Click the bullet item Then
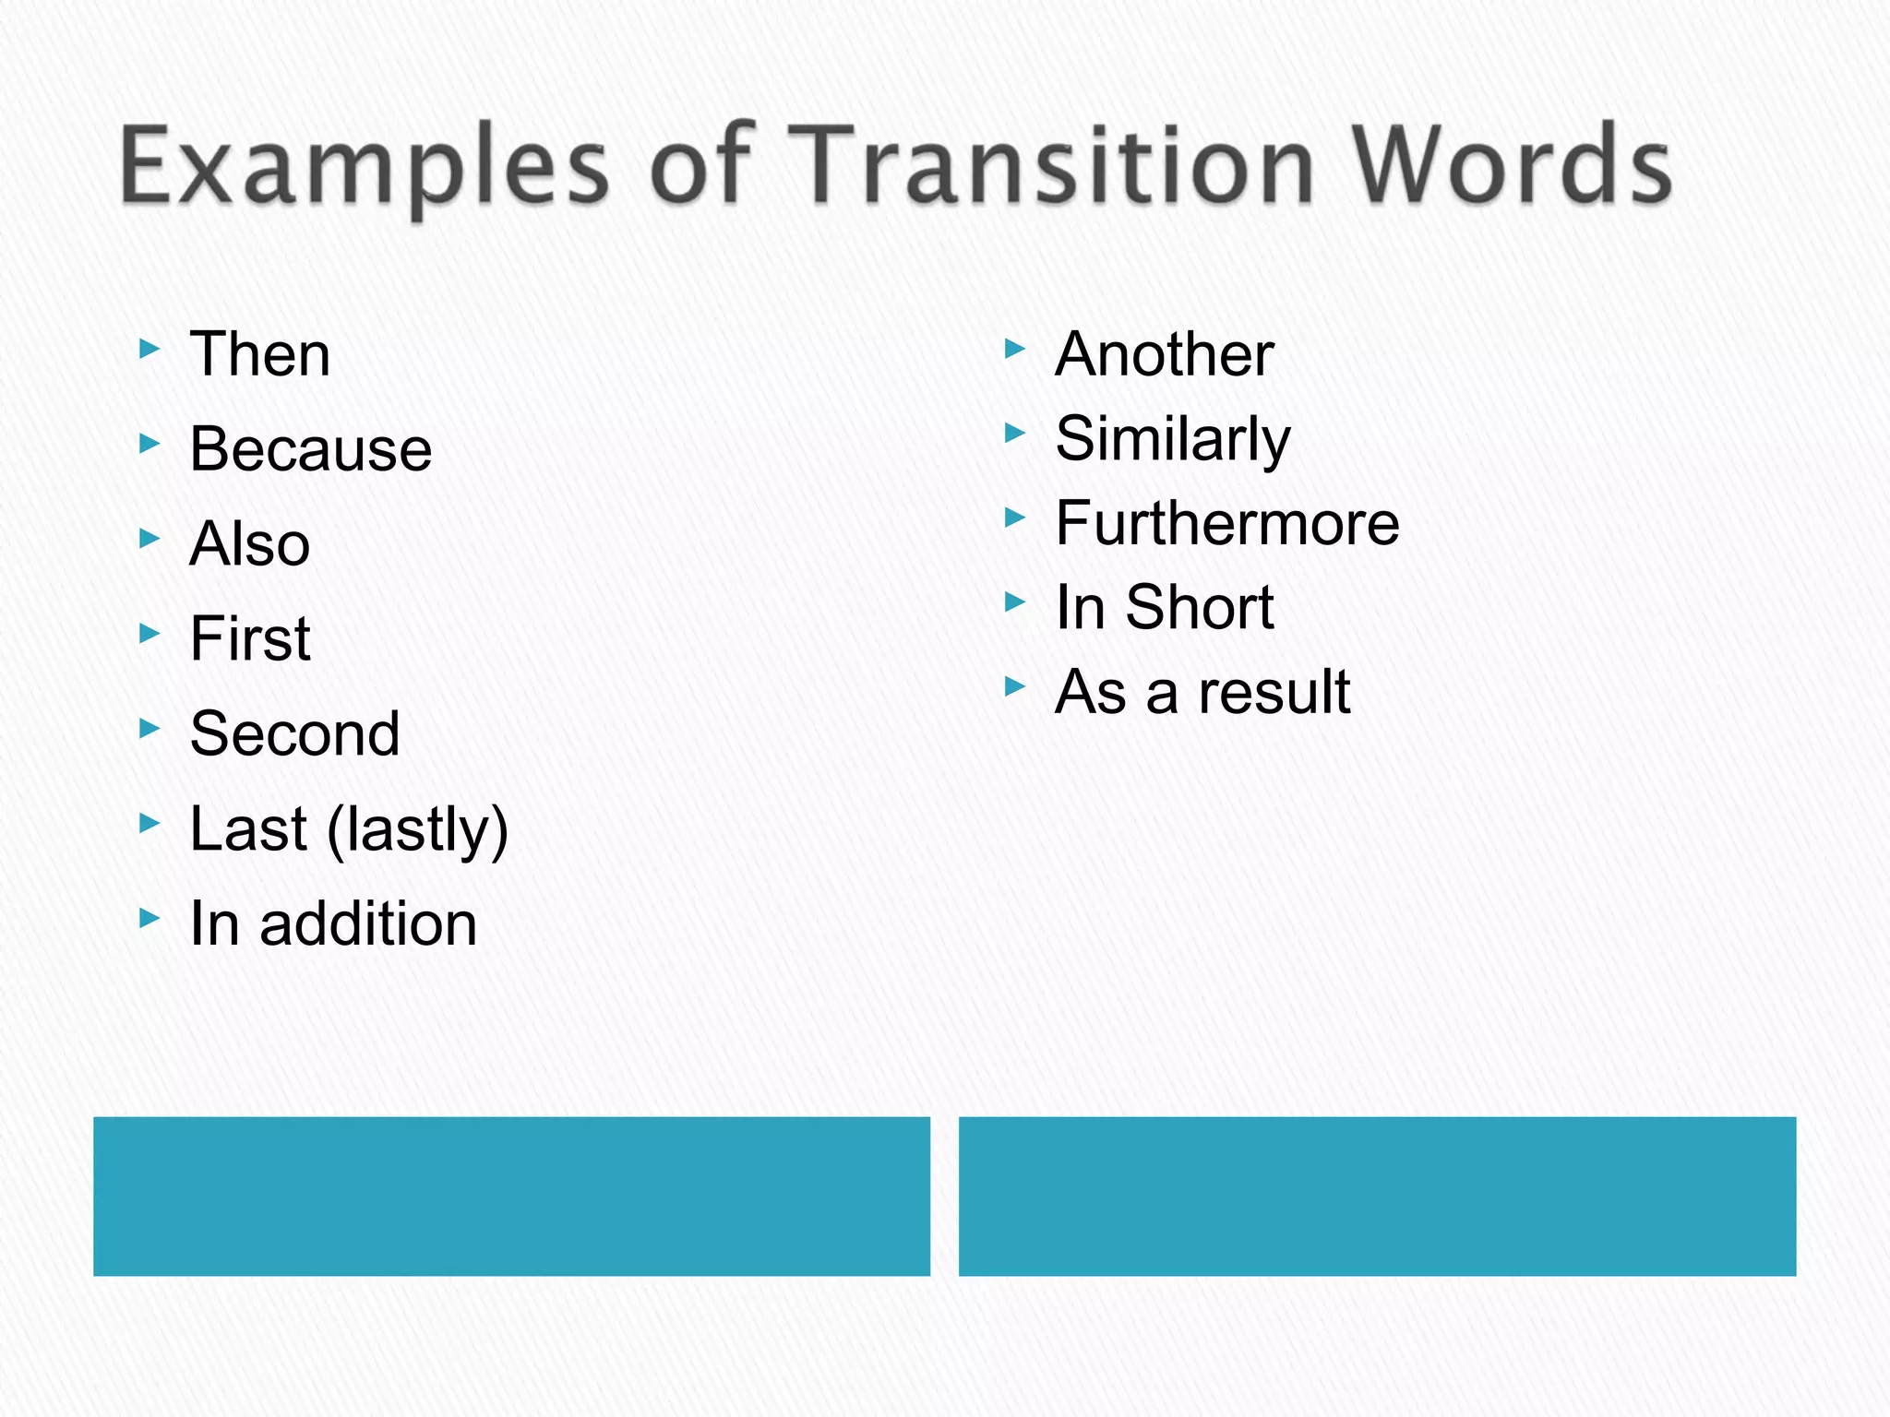259,354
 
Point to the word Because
310,449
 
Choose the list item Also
249,544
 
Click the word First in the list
250,638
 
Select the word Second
294,734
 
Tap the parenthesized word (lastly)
417,829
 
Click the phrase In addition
333,923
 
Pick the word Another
1165,354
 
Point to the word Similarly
1173,439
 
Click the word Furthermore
1227,523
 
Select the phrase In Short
1165,608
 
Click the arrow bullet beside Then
150,349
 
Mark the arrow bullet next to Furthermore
1015,518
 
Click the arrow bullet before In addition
150,918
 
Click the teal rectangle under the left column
511,1197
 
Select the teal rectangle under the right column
1377,1197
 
